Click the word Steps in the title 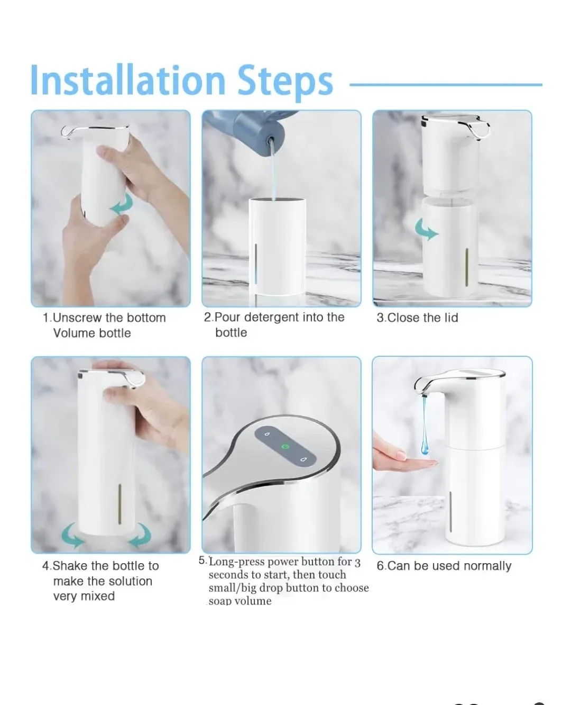[285, 82]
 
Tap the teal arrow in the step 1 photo [122, 205]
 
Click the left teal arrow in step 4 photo [72, 536]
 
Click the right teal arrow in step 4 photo [140, 536]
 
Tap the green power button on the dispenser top [285, 447]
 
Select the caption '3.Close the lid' [417, 318]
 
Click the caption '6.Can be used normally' [444, 566]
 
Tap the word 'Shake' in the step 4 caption [70, 566]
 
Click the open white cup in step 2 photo [277, 243]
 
